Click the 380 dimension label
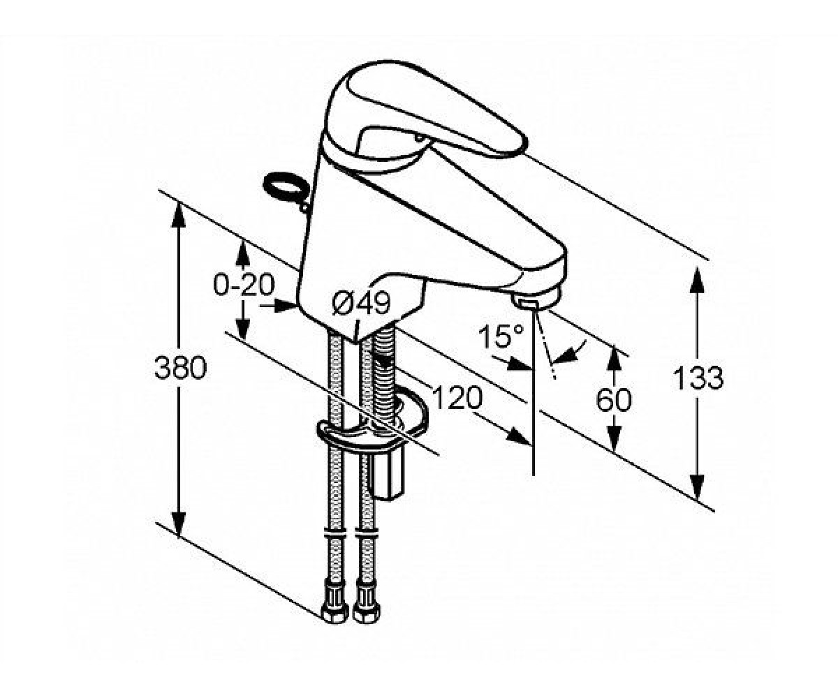click(181, 368)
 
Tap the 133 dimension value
click(698, 378)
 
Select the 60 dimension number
click(614, 400)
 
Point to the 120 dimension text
click(457, 398)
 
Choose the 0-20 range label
click(244, 284)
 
